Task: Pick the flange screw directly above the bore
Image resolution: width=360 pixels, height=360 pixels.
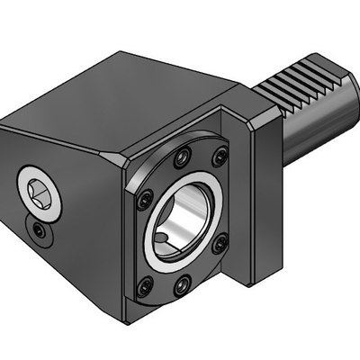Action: coord(184,156)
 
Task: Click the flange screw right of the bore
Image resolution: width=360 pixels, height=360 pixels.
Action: coord(220,240)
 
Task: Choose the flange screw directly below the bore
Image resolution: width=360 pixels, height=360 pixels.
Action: coord(182,286)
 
